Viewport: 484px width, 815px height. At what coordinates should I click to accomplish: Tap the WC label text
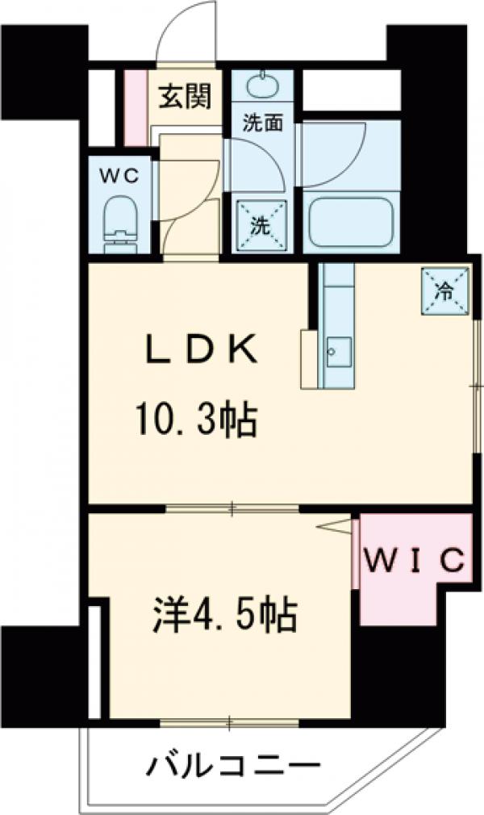[119, 174]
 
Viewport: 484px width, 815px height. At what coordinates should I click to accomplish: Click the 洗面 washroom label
[263, 123]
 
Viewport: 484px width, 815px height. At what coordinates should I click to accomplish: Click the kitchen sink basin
[335, 349]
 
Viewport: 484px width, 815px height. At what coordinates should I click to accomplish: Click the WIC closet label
[414, 559]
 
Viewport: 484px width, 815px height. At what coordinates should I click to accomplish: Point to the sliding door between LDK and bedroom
[232, 508]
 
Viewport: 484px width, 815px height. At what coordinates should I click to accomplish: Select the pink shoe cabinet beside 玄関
[136, 107]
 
